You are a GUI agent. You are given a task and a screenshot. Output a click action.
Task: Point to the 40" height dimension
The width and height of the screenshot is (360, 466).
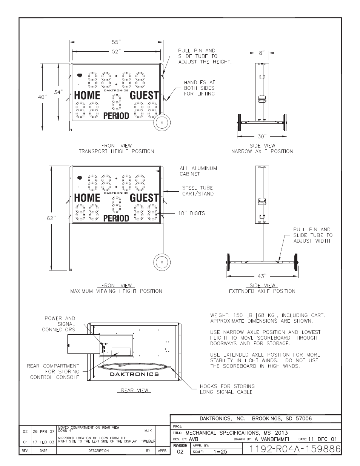click(x=43, y=97)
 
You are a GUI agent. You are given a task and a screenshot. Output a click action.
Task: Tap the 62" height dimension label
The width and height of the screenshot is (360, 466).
click(x=51, y=218)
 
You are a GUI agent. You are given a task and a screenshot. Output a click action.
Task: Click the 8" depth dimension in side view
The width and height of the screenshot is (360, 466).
click(x=262, y=53)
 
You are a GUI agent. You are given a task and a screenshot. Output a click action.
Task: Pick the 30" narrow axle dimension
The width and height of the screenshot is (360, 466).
click(x=262, y=136)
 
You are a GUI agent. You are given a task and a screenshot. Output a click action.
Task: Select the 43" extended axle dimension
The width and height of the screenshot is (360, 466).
click(x=262, y=276)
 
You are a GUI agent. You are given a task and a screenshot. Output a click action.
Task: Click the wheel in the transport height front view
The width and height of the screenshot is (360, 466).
click(x=162, y=123)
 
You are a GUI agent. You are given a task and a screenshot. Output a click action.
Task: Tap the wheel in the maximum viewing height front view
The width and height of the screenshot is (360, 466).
click(x=162, y=262)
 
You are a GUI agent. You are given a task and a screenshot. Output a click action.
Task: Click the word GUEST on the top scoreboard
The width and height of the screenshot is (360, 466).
click(x=144, y=95)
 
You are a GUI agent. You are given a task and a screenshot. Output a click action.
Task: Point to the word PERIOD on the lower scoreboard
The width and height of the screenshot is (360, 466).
click(x=116, y=218)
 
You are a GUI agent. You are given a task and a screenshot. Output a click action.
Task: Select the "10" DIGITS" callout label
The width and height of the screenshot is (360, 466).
click(x=191, y=213)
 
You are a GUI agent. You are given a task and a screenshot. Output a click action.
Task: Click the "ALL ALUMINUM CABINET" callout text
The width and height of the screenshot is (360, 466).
click(x=198, y=171)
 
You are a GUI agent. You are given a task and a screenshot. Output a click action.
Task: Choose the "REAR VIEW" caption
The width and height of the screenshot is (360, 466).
click(x=134, y=390)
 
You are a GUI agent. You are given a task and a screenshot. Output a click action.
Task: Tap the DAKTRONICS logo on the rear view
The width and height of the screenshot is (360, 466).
click(x=134, y=374)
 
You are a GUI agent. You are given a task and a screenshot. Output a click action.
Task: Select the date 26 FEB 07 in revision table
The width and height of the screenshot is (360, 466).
click(x=43, y=431)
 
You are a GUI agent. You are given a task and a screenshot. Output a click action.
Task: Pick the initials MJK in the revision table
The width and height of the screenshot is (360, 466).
click(x=148, y=431)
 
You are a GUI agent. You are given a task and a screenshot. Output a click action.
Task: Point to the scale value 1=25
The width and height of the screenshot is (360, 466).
click(x=220, y=452)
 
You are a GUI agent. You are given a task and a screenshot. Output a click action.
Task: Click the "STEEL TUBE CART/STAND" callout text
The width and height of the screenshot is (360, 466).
click(x=198, y=191)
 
